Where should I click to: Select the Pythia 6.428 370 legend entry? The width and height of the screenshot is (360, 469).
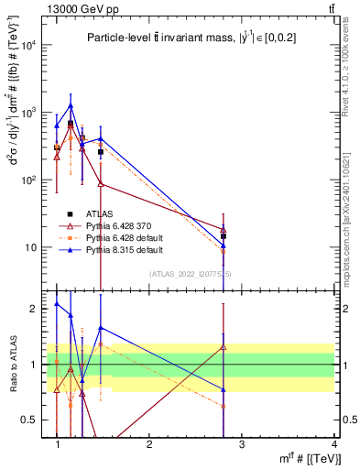tap(117, 225)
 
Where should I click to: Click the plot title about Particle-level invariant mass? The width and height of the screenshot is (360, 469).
tap(191, 38)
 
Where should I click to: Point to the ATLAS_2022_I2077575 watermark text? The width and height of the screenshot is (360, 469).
tap(191, 273)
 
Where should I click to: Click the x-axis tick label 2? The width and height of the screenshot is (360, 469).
tap(149, 443)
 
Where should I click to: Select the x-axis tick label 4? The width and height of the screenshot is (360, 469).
tap(334, 443)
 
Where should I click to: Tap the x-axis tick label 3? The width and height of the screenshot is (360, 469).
tap(242, 443)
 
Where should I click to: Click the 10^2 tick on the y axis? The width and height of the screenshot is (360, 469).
tap(29, 180)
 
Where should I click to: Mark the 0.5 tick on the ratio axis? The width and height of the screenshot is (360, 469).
tap(31, 420)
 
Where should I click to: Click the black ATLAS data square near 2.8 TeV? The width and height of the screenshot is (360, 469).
tap(224, 236)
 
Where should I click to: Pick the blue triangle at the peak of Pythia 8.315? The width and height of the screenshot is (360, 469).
tap(71, 105)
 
